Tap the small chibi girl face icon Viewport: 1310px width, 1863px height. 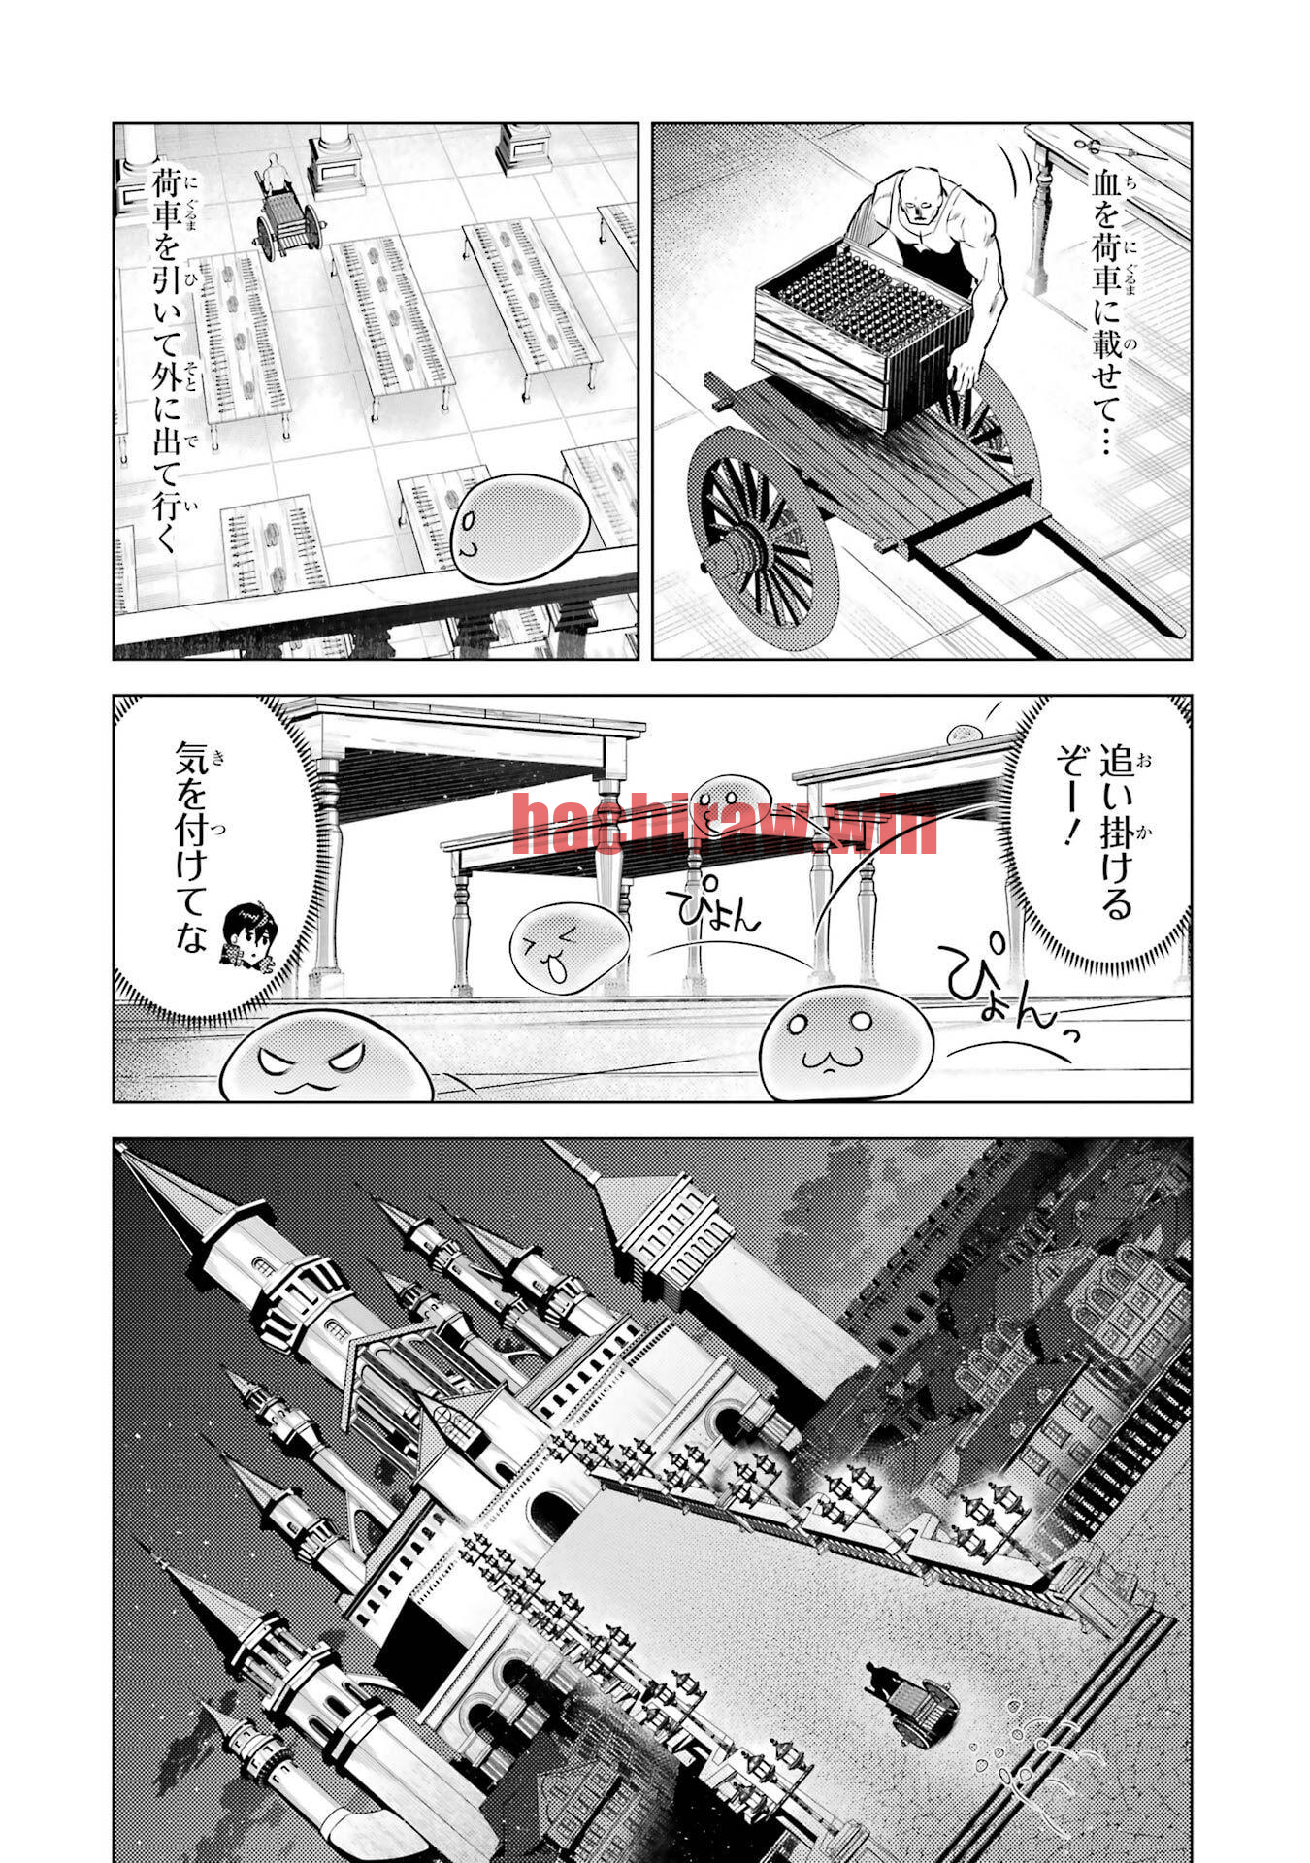pyautogui.click(x=247, y=936)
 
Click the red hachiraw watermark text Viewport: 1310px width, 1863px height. pyautogui.click(x=723, y=826)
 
